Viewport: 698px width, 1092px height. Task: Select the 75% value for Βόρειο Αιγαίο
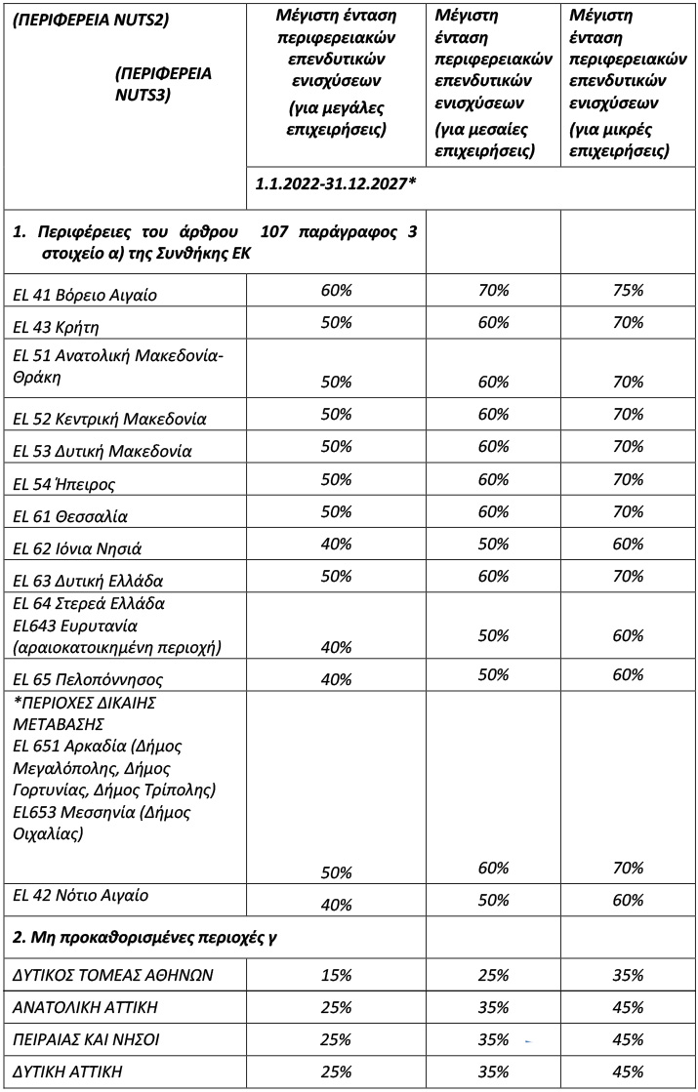[629, 290]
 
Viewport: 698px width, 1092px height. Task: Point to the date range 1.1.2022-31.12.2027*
[335, 183]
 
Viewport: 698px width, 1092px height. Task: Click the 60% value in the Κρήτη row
[493, 322]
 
